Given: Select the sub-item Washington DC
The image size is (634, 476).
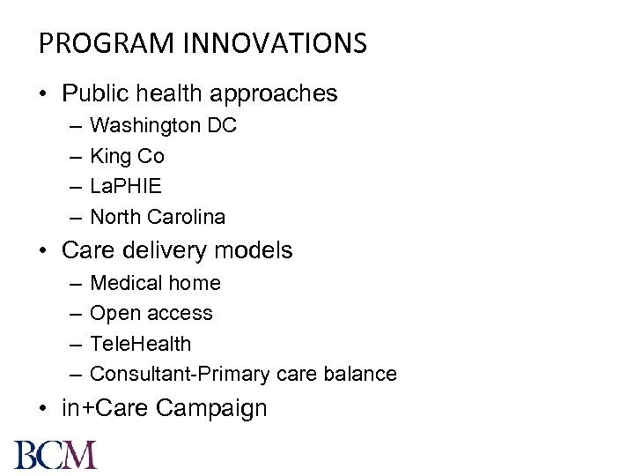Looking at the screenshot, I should point(163,126).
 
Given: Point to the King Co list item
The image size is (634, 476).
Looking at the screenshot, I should point(127,157).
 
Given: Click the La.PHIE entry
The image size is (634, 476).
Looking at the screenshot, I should point(126,187).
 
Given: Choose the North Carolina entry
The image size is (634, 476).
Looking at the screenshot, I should point(158,217).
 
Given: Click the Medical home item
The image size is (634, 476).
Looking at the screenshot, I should point(155,284).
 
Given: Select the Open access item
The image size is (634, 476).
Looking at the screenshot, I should point(151,314).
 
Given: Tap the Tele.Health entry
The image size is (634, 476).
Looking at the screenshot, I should point(140,344).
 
